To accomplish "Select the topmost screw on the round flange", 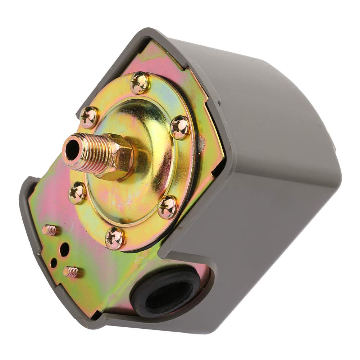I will tap(140, 83).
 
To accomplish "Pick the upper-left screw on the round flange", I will tap(88, 117).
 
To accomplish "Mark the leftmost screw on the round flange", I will tap(77, 193).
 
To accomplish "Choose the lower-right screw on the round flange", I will tap(168, 207).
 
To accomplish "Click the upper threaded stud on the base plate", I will tap(49, 230).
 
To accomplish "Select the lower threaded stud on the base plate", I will tap(71, 272).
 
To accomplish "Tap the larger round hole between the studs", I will tap(65, 249).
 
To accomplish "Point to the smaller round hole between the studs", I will tap(54, 263).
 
